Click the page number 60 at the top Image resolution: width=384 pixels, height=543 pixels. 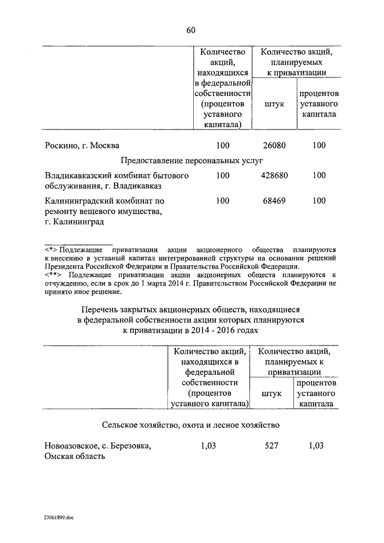(191, 31)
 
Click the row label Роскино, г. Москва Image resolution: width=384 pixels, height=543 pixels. (82, 145)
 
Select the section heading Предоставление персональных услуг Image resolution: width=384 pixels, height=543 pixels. (191, 160)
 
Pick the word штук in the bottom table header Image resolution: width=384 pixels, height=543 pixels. (271, 394)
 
